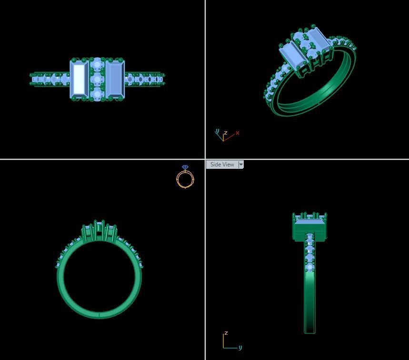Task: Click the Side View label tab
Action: pyautogui.click(x=222, y=165)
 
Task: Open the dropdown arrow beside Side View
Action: pyautogui.click(x=241, y=165)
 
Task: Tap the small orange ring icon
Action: pyautogui.click(x=185, y=179)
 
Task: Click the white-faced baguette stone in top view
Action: pyautogui.click(x=79, y=79)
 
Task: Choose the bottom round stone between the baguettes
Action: pyautogui.click(x=98, y=94)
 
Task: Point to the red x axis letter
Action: pyautogui.click(x=237, y=133)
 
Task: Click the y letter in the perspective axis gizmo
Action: pyautogui.click(x=217, y=131)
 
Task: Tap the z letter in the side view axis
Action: pyautogui.click(x=226, y=333)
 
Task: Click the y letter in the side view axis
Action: pyautogui.click(x=240, y=348)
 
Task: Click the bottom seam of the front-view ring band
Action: pyautogui.click(x=99, y=315)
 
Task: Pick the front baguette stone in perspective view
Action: pyautogui.click(x=294, y=55)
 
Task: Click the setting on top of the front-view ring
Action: pyautogui.click(x=99, y=231)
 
